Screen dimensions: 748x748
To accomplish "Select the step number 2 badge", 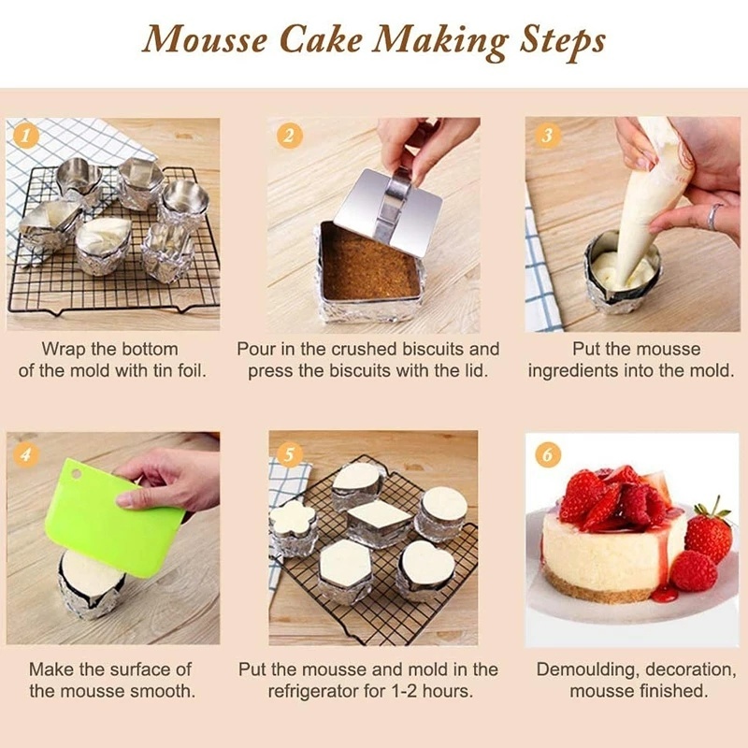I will click(290, 136).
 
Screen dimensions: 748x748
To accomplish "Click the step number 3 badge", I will click(547, 136).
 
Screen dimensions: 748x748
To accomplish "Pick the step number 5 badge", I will click(290, 455).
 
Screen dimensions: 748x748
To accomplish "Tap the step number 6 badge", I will click(548, 455).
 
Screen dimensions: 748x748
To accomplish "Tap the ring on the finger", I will click(712, 217).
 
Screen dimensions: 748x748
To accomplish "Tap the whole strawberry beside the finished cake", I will click(708, 535).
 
